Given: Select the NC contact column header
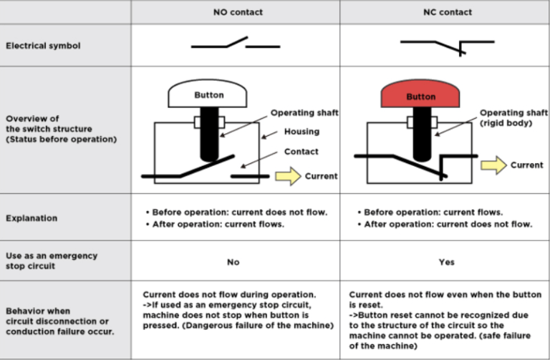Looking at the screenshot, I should tap(446, 12).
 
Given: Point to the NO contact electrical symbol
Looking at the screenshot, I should tap(235, 44).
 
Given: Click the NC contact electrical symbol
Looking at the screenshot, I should tap(445, 45).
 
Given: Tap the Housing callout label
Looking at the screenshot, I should tap(301, 132).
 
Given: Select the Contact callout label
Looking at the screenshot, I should tap(301, 152).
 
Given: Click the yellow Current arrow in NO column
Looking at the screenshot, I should tap(287, 175).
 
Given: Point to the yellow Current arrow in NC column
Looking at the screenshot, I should tap(493, 165).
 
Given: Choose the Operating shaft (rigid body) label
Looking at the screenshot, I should tap(513, 118).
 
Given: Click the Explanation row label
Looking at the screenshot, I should tap(32, 217).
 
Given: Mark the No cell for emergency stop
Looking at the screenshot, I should tap(233, 262).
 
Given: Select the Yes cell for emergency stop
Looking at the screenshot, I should tap(446, 262).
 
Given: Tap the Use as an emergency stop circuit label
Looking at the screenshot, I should tap(51, 261).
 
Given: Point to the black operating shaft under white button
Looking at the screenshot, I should tap(208, 136).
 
